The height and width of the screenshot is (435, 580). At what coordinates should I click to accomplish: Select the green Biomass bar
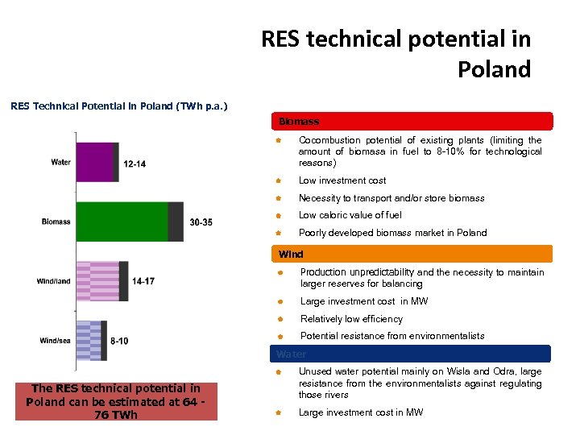point(129,222)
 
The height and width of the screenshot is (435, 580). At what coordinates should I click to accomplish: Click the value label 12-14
point(135,164)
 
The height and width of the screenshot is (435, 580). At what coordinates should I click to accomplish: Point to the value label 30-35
point(201,222)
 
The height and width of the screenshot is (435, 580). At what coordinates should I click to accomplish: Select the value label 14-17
point(143,282)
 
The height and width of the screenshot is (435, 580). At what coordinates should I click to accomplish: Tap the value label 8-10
point(119,342)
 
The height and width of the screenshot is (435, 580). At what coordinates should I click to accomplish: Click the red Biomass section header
point(412,122)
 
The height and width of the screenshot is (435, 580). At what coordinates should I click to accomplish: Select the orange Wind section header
point(412,254)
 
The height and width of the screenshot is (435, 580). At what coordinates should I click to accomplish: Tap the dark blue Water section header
point(412,354)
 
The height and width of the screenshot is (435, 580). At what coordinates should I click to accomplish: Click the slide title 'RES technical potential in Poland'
point(396,53)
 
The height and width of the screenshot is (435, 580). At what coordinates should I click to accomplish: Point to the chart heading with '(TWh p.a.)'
point(118,105)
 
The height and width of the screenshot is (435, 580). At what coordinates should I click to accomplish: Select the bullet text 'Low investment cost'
point(342,180)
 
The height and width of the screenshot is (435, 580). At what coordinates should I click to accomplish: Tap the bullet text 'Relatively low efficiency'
point(351,319)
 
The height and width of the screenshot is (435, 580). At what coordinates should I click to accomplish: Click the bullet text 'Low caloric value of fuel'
point(350,215)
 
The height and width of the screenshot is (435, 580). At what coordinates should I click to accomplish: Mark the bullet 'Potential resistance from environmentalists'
point(392,336)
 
